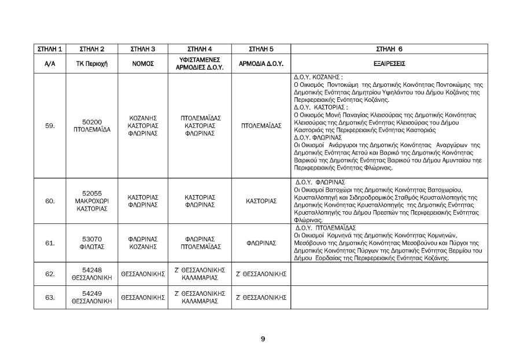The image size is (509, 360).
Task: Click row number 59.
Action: tap(50, 125)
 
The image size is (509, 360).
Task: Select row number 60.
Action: tap(50, 201)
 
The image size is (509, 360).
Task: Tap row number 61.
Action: tap(50, 243)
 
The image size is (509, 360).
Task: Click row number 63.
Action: tap(50, 297)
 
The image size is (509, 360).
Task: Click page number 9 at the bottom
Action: tap(263, 339)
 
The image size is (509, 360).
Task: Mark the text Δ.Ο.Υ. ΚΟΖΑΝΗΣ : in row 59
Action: tap(319, 76)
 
